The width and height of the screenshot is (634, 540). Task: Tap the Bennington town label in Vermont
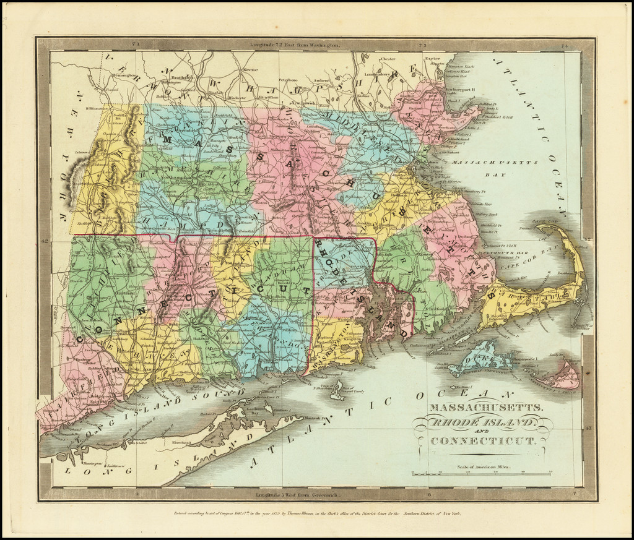[x=126, y=75]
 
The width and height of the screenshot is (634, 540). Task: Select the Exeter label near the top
[x=432, y=59]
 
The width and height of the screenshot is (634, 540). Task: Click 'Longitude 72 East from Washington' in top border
[x=295, y=45]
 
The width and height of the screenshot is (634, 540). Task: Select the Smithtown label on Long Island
[x=116, y=465]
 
